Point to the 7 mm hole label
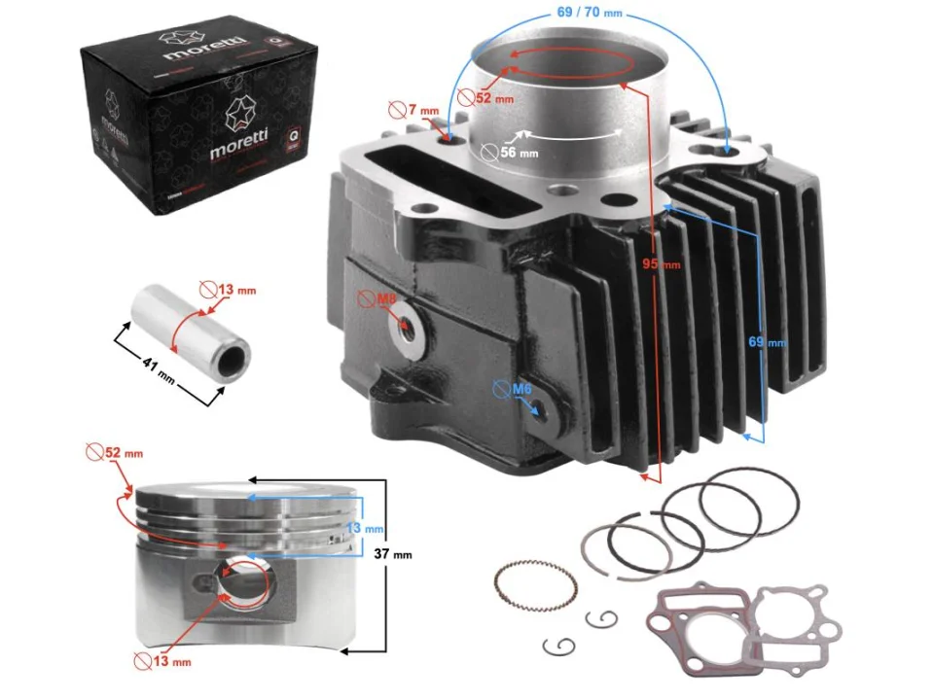tap(421, 110)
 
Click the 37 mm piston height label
tap(393, 554)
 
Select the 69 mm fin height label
tap(769, 342)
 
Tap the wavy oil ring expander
tap(535, 587)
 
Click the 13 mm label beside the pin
tap(236, 290)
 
